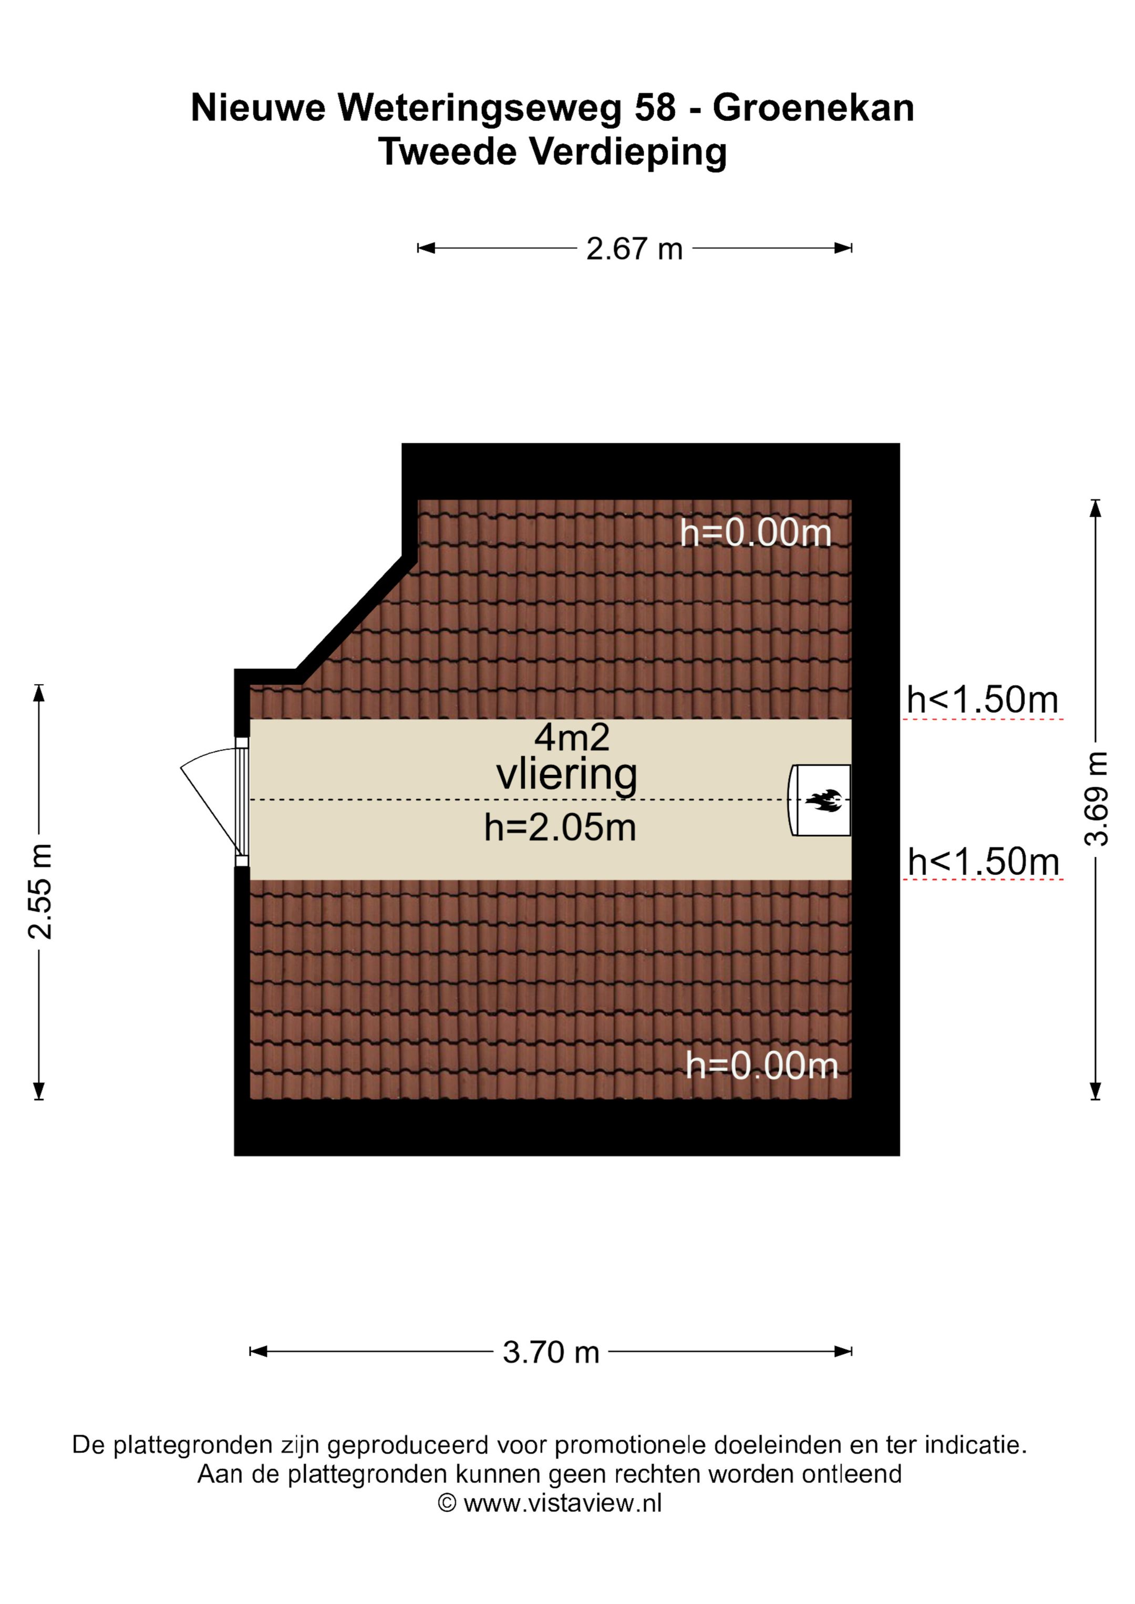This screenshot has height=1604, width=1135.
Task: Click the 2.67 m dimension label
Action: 634,249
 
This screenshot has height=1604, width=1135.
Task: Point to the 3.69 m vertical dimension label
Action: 1096,799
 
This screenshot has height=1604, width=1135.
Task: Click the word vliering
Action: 567,775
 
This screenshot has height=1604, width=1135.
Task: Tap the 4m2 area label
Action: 572,737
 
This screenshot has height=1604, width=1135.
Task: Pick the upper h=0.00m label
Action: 756,533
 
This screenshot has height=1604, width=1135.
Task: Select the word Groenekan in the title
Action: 813,108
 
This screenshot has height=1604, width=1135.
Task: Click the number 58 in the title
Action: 655,108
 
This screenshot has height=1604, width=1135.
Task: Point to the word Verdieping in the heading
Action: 628,152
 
